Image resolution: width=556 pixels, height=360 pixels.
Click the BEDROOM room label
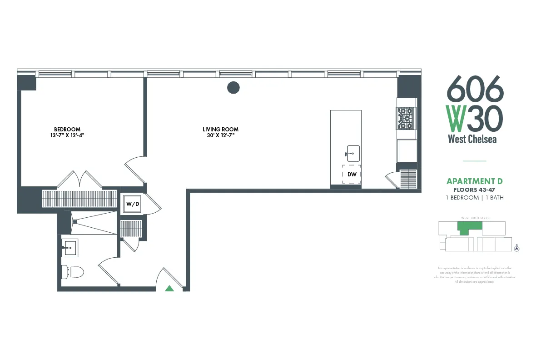(67, 129)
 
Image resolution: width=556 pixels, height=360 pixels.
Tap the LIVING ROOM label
(220, 129)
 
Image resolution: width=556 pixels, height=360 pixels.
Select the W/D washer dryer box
(133, 204)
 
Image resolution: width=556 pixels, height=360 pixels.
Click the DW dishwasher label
(352, 174)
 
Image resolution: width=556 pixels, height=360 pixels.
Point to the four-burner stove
(406, 118)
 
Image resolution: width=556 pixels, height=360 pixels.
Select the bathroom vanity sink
(70, 248)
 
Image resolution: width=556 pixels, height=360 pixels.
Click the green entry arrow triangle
(169, 288)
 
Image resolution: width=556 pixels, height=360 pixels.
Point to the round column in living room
(233, 87)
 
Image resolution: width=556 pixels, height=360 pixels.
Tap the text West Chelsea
(472, 139)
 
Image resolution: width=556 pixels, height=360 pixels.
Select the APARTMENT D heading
(475, 181)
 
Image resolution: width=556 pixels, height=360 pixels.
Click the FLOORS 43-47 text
(475, 190)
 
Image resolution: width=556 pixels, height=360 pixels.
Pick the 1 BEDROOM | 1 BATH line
(475, 198)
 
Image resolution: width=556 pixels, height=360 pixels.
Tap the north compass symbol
(516, 248)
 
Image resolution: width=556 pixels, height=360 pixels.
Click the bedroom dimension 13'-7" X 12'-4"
(67, 135)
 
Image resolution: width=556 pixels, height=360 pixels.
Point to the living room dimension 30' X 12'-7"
(220, 135)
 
